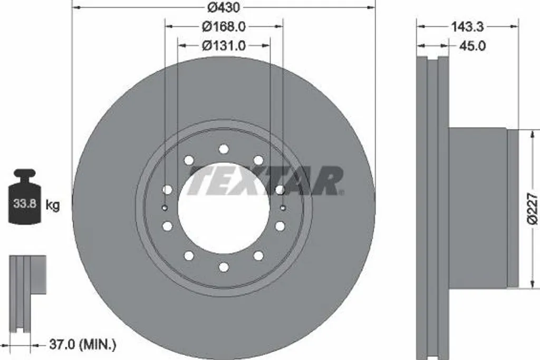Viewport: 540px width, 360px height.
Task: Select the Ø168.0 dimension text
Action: (x=224, y=26)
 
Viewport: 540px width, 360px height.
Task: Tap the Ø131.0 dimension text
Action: (x=224, y=45)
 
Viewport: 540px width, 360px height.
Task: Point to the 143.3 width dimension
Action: (x=467, y=26)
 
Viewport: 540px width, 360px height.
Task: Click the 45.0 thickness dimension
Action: (x=472, y=46)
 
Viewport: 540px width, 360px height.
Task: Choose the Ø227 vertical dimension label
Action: (x=532, y=209)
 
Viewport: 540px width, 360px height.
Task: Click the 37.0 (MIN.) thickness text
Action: (x=83, y=345)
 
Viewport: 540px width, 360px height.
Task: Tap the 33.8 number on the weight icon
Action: (x=25, y=203)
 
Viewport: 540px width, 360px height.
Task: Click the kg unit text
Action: (x=52, y=206)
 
